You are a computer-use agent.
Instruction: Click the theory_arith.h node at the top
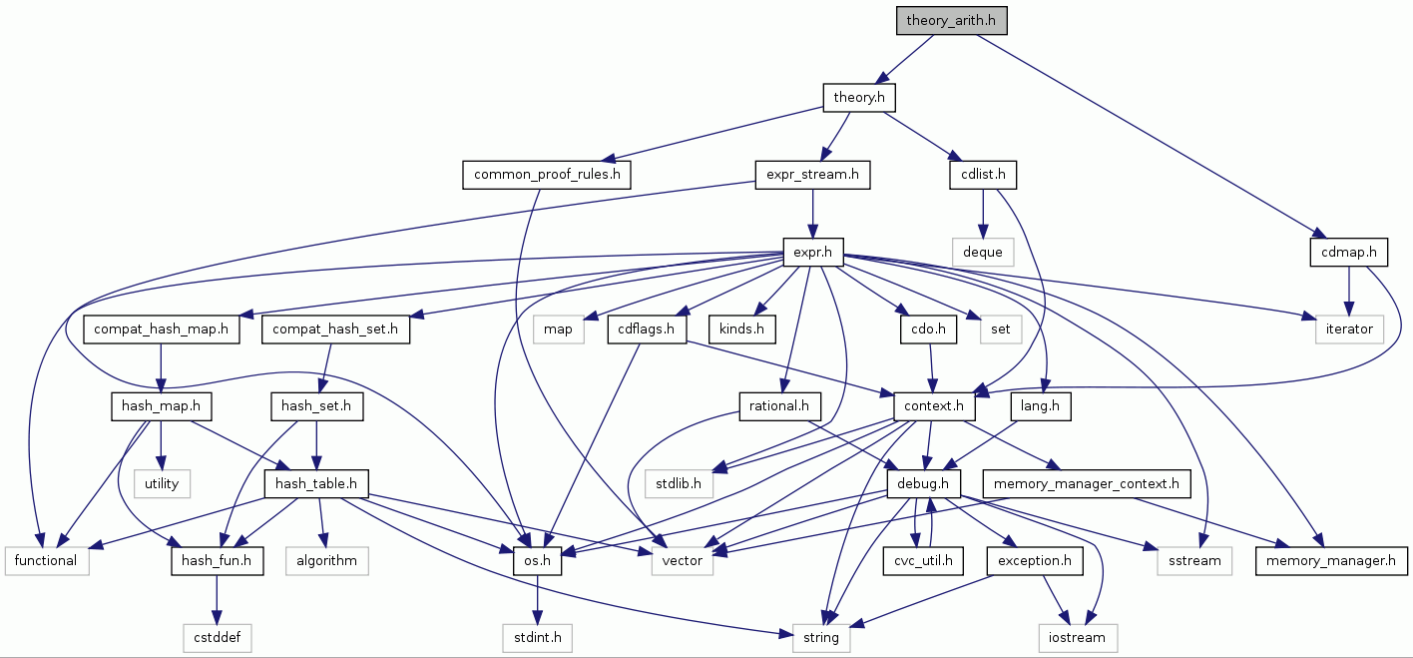[x=951, y=20]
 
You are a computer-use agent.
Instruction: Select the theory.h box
[x=858, y=97]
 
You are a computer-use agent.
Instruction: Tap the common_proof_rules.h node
[x=547, y=175]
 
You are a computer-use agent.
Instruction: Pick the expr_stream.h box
[x=812, y=175]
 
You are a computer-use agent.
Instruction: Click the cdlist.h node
[x=983, y=175]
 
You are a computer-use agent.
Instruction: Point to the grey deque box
[x=983, y=252]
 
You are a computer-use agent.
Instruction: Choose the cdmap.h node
[x=1349, y=252]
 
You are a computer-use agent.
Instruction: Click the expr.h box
[x=813, y=252]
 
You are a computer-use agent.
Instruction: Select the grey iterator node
[x=1349, y=329]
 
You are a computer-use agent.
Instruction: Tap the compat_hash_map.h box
[x=162, y=329]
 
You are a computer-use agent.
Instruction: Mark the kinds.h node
[x=742, y=329]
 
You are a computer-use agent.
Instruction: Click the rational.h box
[x=779, y=405]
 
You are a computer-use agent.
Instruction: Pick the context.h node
[x=933, y=405]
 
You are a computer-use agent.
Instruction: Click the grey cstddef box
[x=217, y=637]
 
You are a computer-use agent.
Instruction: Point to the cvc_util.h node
[x=923, y=560]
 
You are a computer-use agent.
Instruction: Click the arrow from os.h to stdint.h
[x=537, y=599]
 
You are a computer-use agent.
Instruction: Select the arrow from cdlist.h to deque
[x=983, y=213]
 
